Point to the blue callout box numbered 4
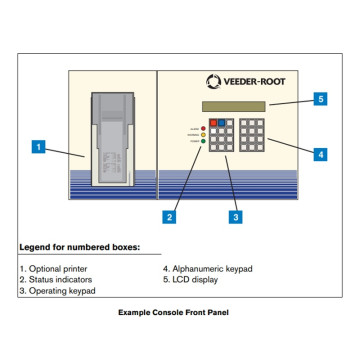320,154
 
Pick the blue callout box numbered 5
320,99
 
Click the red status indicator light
204,127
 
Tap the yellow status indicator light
204,135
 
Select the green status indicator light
204,143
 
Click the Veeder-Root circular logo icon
213,82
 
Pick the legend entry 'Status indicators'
55,279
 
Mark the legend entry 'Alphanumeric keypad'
208,268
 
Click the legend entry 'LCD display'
194,279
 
